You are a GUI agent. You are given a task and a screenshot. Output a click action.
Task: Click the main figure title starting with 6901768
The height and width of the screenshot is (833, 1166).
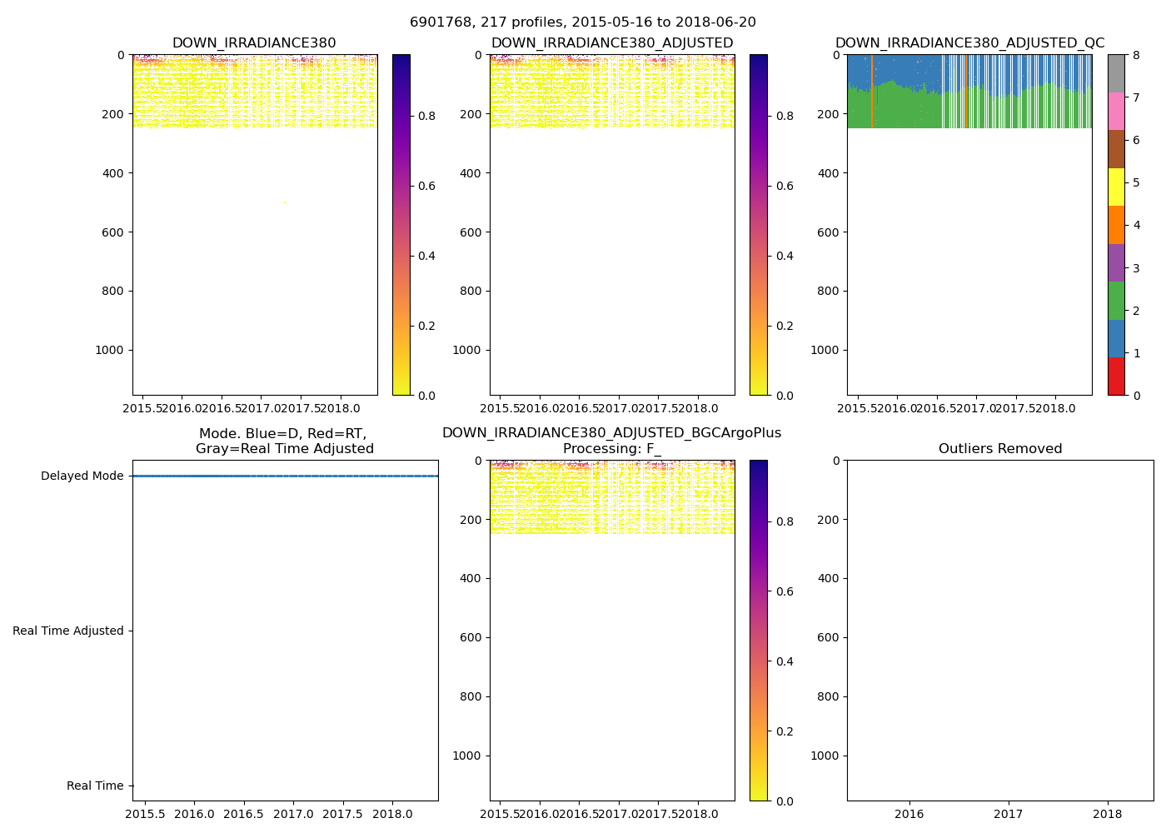click(582, 22)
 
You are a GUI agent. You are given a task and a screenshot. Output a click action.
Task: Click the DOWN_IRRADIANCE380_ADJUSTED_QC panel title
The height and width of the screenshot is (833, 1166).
click(969, 43)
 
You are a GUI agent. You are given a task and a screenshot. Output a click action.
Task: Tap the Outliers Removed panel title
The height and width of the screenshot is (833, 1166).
click(999, 449)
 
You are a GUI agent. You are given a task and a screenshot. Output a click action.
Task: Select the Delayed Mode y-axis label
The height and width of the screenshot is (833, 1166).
click(82, 476)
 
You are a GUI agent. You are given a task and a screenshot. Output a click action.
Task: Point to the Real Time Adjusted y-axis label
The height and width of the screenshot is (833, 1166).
click(67, 631)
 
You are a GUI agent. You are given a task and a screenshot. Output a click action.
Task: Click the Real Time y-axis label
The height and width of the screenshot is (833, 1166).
click(95, 786)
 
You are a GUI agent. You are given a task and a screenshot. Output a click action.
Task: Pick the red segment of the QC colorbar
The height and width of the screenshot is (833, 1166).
click(1116, 377)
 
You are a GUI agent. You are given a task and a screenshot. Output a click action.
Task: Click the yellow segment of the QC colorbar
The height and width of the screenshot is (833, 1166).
click(1116, 187)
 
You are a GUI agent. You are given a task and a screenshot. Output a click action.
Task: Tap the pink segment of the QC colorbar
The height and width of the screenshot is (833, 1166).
click(1116, 111)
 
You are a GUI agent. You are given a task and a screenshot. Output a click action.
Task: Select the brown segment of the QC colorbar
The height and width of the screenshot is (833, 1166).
click(1116, 149)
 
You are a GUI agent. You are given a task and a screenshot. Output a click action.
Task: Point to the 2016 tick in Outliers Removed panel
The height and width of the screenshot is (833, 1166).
click(909, 814)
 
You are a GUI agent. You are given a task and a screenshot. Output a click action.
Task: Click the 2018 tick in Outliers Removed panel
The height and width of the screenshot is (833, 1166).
click(1107, 814)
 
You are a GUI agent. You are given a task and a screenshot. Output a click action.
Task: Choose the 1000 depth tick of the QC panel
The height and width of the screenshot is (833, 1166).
click(825, 351)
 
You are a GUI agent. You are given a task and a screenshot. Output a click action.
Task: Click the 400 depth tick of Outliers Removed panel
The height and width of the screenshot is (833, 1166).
click(826, 579)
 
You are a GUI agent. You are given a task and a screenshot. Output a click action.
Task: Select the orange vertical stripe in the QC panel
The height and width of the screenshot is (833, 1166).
click(871, 92)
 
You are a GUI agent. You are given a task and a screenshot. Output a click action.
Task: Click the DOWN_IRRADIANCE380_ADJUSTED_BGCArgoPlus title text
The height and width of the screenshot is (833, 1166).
click(611, 433)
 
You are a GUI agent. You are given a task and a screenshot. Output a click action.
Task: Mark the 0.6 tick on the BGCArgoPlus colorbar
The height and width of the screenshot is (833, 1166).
click(784, 592)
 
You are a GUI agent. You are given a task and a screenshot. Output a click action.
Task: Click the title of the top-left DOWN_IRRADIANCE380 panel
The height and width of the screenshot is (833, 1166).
click(254, 43)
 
